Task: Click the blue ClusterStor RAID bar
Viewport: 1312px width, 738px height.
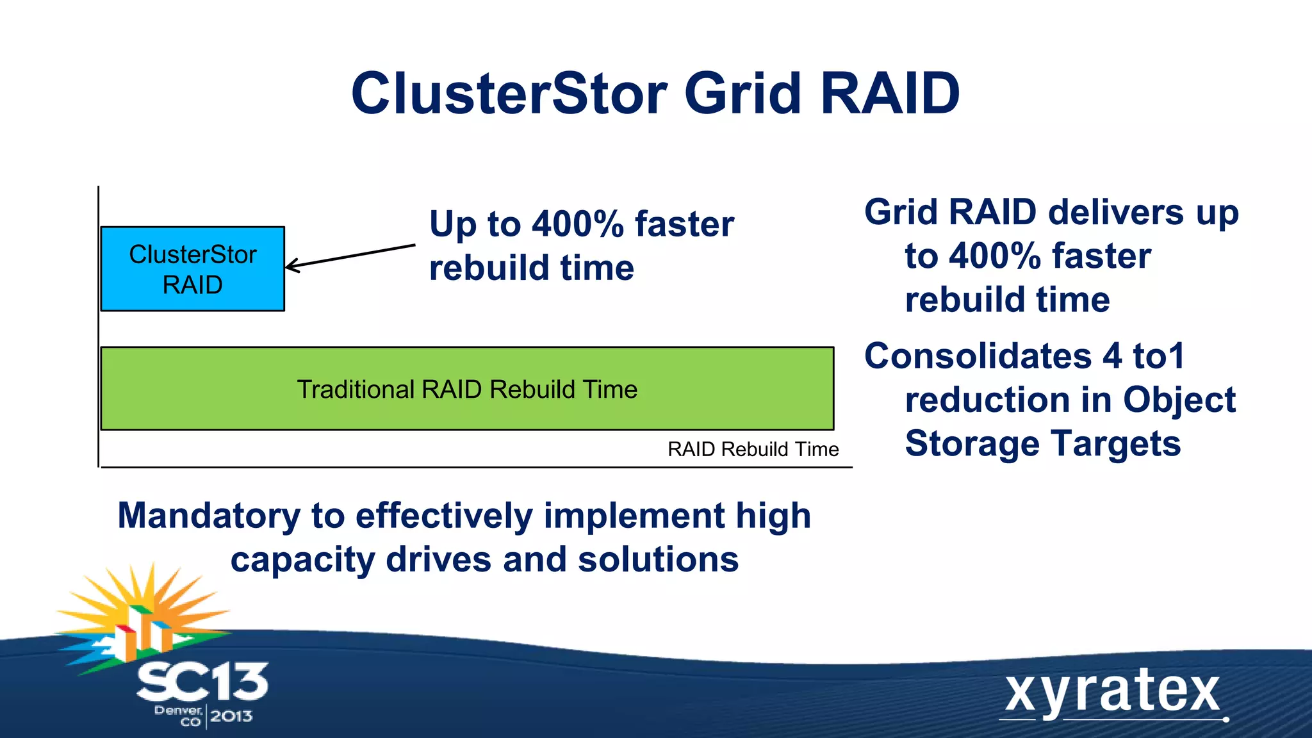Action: [192, 269]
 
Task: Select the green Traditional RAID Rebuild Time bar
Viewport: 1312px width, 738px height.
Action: [467, 389]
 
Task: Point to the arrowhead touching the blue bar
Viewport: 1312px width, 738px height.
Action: [290, 265]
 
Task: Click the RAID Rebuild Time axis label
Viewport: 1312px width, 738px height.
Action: [753, 449]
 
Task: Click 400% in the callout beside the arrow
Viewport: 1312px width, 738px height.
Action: [577, 224]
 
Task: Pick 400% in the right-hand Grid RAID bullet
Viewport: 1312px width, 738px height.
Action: [994, 256]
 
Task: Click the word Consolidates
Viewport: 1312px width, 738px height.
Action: [978, 356]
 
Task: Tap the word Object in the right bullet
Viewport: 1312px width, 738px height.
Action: [1179, 400]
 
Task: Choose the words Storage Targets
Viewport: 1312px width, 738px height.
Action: [1042, 444]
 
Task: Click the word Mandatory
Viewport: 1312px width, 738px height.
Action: [209, 516]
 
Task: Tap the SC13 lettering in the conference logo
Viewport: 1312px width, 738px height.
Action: [202, 682]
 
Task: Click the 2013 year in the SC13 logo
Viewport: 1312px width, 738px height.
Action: [231, 716]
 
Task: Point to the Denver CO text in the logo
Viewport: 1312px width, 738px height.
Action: [179, 716]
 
